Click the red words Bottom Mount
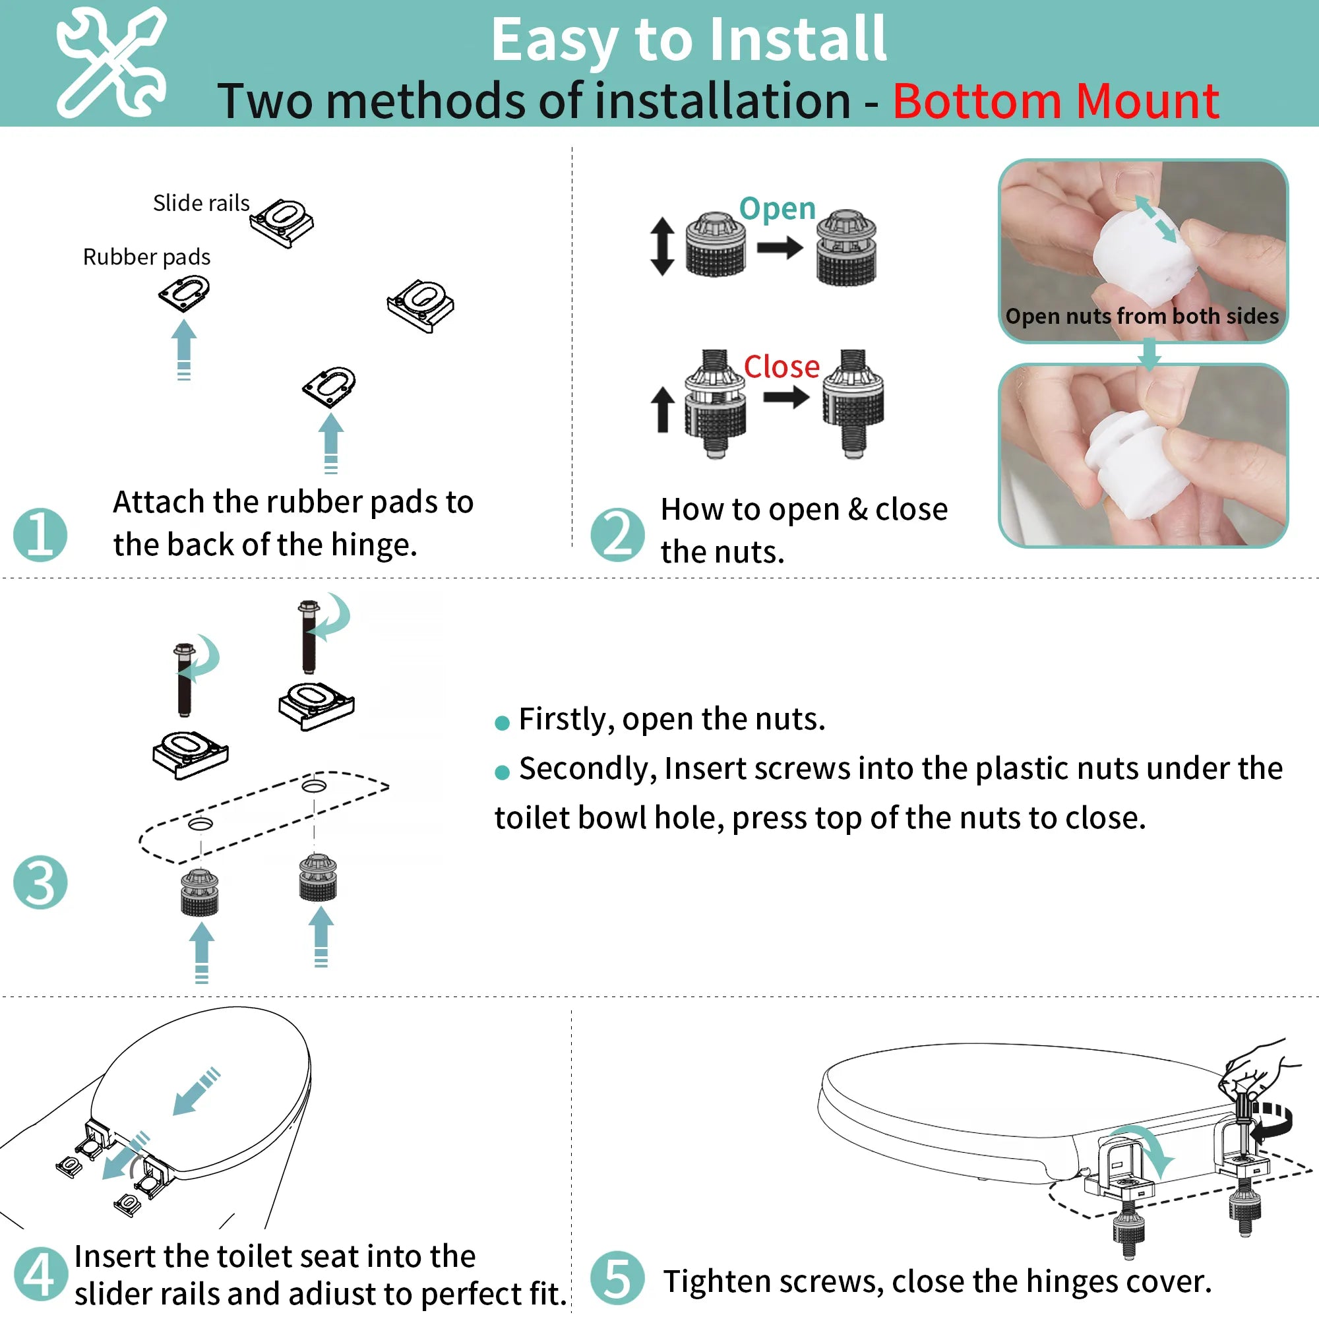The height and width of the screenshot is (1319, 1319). pyautogui.click(x=1055, y=101)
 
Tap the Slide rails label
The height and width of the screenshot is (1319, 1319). pyautogui.click(x=200, y=202)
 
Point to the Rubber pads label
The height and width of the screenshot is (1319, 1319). pyautogui.click(x=146, y=257)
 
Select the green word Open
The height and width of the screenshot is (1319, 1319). pyautogui.click(x=778, y=208)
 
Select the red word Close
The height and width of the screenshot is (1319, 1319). pyautogui.click(x=781, y=367)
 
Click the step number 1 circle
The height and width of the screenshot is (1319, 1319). pyautogui.click(x=40, y=535)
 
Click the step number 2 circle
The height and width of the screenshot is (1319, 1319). pyautogui.click(x=617, y=535)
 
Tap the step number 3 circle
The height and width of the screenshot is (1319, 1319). pyautogui.click(x=40, y=882)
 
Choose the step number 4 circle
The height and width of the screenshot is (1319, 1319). pyautogui.click(x=40, y=1274)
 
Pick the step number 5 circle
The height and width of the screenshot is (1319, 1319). pyautogui.click(x=617, y=1278)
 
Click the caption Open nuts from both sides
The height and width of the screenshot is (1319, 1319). pyautogui.click(x=1142, y=316)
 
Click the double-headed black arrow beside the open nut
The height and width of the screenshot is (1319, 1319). pyautogui.click(x=662, y=247)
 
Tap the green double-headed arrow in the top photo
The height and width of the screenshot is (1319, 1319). pyautogui.click(x=1156, y=218)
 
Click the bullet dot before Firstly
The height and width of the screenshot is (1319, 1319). pyautogui.click(x=502, y=723)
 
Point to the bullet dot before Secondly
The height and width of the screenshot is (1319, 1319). pyautogui.click(x=502, y=772)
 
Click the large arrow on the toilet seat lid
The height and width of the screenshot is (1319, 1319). pyautogui.click(x=196, y=1091)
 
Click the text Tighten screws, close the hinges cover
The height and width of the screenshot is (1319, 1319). pyautogui.click(x=937, y=1281)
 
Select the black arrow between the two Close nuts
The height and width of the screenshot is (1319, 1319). pyautogui.click(x=786, y=396)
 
